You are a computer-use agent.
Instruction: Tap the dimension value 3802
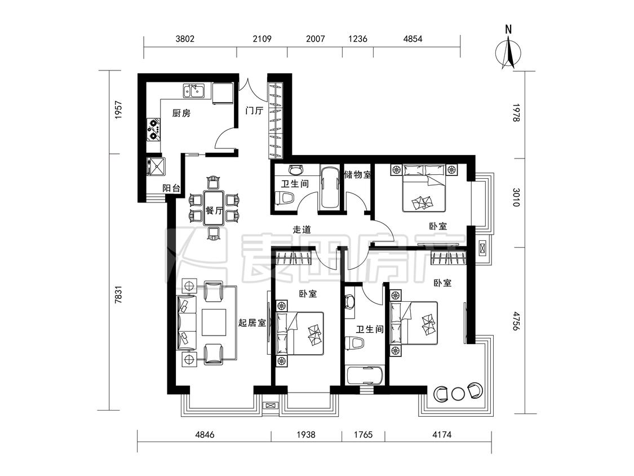click(185, 39)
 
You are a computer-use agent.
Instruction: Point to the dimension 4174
click(441, 435)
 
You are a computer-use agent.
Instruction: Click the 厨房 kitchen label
click(181, 113)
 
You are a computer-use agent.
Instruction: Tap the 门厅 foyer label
click(254, 111)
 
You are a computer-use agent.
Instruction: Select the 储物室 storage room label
click(357, 175)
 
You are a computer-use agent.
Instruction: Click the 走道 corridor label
click(302, 230)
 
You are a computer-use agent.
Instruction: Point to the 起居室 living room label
click(252, 323)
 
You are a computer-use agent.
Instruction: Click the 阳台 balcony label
click(171, 188)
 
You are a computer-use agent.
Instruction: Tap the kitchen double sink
click(194, 91)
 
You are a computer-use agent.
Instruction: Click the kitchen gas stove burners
click(153, 129)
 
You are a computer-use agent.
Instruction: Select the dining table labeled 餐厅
click(214, 208)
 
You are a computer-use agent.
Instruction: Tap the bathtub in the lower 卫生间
click(365, 375)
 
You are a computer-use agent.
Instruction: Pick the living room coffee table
click(214, 323)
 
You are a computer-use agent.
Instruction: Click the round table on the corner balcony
click(458, 394)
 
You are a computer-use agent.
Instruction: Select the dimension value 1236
click(358, 39)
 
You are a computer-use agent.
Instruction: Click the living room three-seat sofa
click(187, 323)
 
